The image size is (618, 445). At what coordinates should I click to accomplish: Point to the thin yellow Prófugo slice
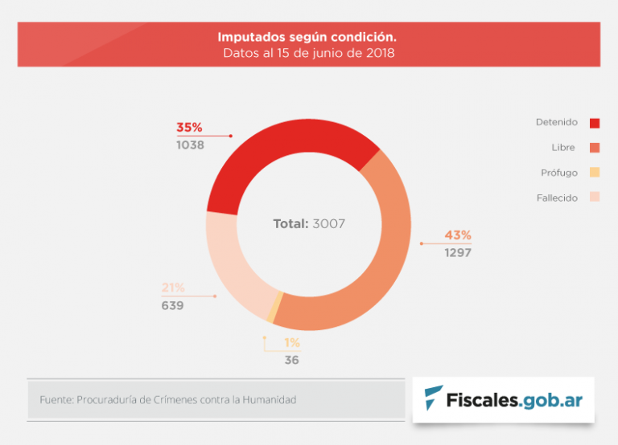[275, 306]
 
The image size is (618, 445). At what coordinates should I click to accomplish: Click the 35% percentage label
[189, 128]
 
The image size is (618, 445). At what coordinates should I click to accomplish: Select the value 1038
[191, 145]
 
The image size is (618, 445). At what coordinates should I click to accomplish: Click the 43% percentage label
[458, 235]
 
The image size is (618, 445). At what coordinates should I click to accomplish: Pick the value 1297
[458, 253]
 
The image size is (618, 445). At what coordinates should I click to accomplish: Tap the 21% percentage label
[173, 288]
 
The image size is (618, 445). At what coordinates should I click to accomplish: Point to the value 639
[172, 306]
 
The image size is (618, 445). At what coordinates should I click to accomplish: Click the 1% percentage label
[291, 343]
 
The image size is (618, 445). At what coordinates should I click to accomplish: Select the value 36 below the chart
[291, 361]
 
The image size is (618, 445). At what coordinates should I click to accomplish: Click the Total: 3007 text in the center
[309, 224]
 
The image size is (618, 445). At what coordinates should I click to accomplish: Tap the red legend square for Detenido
[595, 123]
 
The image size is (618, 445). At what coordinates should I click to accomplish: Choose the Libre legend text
[564, 148]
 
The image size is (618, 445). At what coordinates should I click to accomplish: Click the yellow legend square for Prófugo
[595, 173]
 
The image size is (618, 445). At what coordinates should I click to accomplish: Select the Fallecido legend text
[557, 198]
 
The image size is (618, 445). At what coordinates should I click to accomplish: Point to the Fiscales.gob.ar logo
[504, 398]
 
